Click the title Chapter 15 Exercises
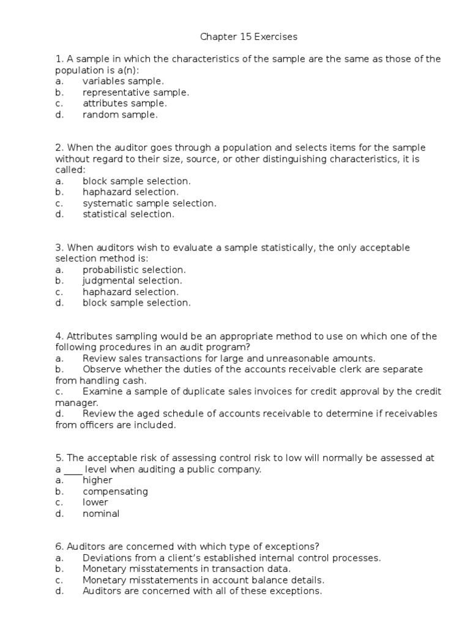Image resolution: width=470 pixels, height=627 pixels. point(248,37)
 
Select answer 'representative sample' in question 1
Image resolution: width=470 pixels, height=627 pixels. point(136,92)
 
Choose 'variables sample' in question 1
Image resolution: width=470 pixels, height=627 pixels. point(123,81)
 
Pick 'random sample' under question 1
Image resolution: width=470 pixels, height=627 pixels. point(120,115)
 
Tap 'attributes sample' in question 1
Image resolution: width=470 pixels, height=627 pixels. point(124,103)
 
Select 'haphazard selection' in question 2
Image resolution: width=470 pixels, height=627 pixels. point(130,192)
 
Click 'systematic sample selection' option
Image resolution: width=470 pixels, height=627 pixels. point(149,203)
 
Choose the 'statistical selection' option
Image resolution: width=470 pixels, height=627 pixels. point(129,214)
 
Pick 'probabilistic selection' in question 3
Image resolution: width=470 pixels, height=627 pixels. point(134,269)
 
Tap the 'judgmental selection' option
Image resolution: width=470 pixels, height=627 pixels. point(132,280)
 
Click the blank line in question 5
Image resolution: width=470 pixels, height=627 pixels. point(73,470)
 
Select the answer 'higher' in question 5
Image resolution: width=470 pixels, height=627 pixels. point(97,481)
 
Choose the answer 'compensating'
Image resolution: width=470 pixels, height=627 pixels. point(115,492)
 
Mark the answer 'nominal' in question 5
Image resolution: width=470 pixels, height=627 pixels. point(101,514)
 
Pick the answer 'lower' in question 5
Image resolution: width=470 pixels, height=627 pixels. point(95,503)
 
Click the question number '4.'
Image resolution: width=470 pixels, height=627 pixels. point(59,336)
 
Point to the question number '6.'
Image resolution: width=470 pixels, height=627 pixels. point(59,547)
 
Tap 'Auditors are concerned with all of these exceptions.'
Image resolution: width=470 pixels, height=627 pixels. point(202,591)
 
